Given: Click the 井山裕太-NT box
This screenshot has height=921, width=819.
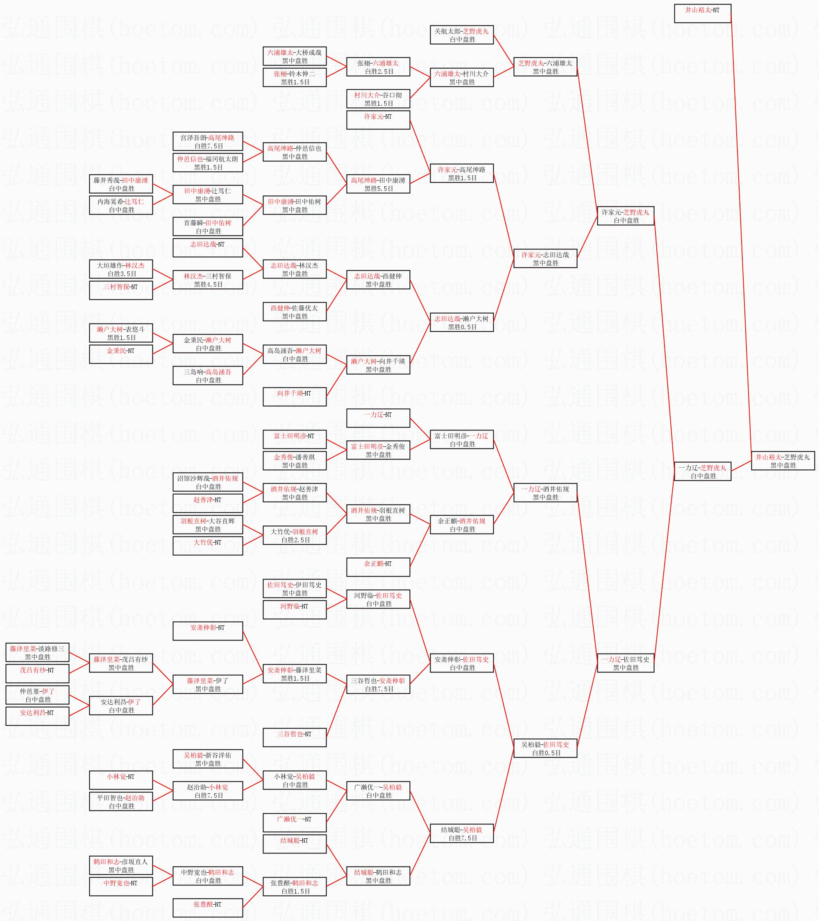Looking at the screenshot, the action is coord(702,14).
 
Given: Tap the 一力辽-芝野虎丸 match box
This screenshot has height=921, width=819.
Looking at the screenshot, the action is coord(702,471).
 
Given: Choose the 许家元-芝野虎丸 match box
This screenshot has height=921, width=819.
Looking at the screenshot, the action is coord(626,216).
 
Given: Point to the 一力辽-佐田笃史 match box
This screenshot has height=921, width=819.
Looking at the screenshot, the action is coord(626,663).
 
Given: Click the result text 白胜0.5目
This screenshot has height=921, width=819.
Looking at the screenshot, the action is coord(546,753).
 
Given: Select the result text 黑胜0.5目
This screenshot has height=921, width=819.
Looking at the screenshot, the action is coord(462,327).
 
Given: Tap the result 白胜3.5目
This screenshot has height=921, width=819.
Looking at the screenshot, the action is coord(122,274).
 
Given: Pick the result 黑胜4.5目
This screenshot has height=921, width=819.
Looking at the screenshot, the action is coord(208,284).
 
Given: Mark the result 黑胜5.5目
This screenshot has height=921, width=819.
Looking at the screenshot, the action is coord(379,189).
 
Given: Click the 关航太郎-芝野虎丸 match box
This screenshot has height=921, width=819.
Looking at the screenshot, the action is coord(462,35).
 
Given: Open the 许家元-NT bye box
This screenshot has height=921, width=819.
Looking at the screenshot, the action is coord(378,120).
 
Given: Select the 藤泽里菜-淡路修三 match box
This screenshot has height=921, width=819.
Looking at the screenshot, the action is coord(37,652).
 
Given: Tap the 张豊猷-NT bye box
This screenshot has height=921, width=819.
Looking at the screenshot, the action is coord(208,908).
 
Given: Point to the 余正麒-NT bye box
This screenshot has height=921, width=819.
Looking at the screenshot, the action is coord(378,567).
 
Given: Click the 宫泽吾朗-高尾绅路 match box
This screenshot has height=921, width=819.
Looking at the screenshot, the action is coord(208,141).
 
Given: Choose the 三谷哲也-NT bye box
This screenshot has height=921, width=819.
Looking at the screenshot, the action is coord(295,738).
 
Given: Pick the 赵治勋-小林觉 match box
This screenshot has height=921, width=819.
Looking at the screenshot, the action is coord(208,791).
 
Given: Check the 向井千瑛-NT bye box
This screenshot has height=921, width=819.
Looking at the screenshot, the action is coord(295,396).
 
